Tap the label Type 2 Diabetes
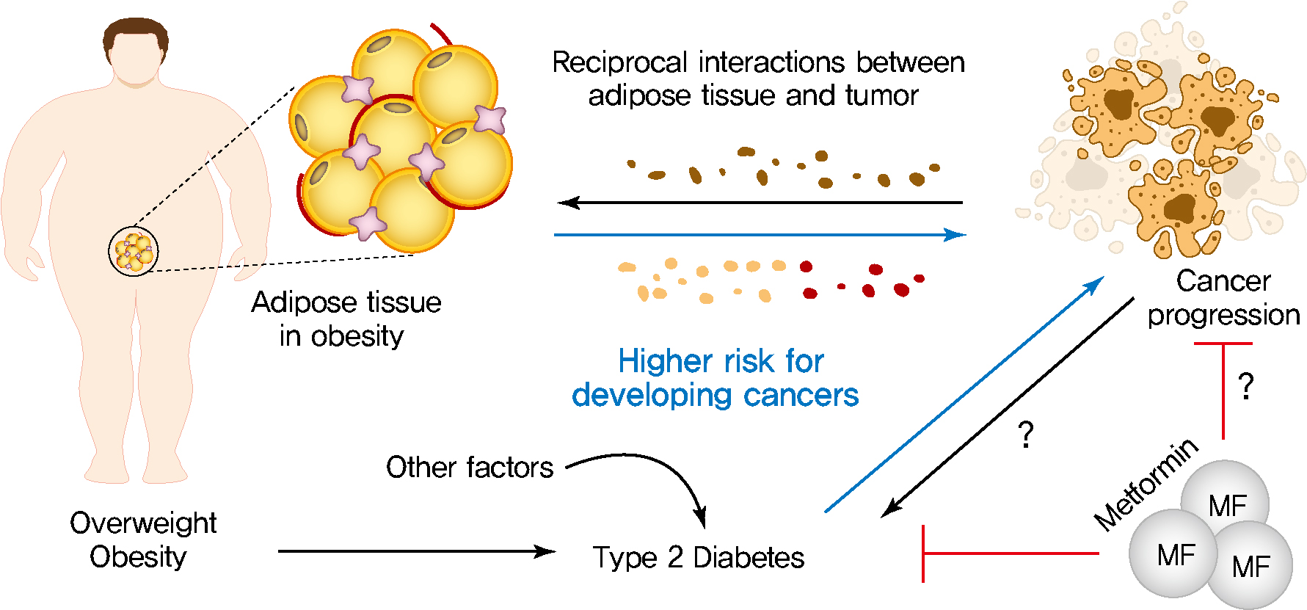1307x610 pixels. coord(698,558)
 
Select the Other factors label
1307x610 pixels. coord(470,468)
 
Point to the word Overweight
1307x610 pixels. coord(143,523)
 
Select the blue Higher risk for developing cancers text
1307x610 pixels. coord(716,378)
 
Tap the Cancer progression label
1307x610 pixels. coord(1223,298)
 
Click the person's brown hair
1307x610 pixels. coord(136,35)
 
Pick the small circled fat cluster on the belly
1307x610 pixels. coord(134,251)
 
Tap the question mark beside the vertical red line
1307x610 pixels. coord(1245,386)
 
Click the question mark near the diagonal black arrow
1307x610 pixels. coord(1027,435)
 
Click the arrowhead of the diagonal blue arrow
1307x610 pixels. coord(1095,285)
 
